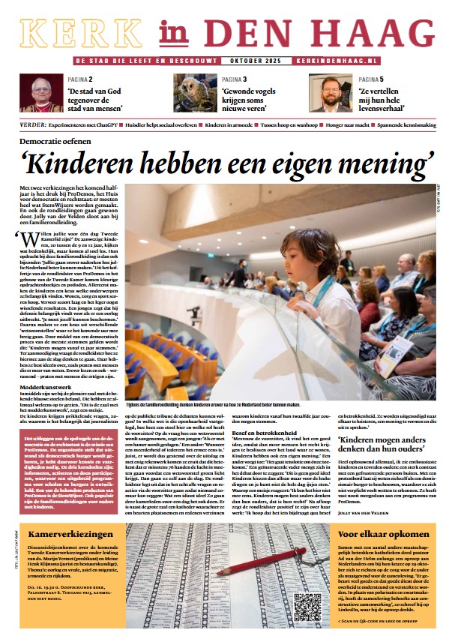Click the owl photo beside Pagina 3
click(x=196, y=92)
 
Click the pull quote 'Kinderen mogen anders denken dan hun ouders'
click(x=385, y=447)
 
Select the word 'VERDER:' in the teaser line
click(x=34, y=118)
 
